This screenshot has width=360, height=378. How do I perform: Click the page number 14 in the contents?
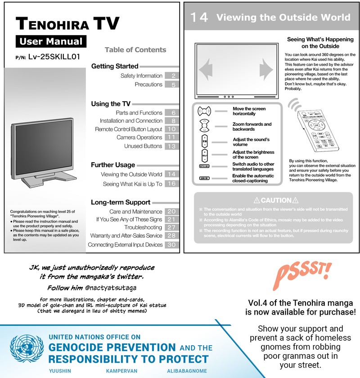171,174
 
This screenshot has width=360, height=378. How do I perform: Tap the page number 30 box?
171,245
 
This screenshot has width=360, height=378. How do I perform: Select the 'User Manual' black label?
50,42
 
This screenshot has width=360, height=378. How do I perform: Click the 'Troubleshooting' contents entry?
143,228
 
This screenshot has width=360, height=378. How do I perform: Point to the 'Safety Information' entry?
141,76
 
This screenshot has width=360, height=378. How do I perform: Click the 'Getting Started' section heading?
115,67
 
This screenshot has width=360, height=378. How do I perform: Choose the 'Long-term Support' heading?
121,202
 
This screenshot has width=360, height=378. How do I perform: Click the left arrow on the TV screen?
205,70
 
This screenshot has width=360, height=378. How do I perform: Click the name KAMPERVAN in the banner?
121,372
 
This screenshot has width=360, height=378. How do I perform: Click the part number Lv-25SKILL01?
54,57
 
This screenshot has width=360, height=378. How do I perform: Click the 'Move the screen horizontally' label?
249,111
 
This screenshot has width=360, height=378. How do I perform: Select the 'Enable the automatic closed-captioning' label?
253,178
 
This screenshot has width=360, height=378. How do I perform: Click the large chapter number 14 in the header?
199,18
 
